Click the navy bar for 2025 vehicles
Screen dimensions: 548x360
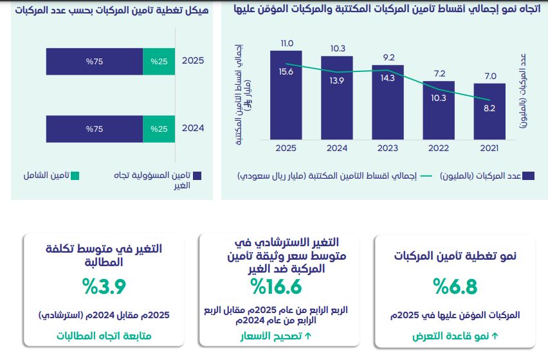[286, 95]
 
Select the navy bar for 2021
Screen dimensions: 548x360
[489, 111]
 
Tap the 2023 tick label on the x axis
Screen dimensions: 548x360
[388, 148]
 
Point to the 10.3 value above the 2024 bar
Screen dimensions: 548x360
[338, 48]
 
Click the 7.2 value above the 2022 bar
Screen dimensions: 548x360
[439, 74]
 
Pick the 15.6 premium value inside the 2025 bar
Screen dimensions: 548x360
[286, 71]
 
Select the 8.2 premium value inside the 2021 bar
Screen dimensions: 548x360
[489, 108]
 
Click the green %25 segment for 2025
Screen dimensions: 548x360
[159, 62]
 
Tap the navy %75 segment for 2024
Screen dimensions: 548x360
[95, 129]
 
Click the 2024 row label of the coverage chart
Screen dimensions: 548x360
[193, 128]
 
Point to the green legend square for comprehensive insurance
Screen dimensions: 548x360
[75, 176]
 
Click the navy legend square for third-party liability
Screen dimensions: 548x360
[197, 176]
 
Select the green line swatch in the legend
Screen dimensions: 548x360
[426, 176]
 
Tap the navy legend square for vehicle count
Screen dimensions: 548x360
[529, 176]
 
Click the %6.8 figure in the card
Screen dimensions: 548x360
[455, 287]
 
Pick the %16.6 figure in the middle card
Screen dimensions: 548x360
[276, 287]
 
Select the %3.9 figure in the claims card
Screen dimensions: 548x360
[104, 287]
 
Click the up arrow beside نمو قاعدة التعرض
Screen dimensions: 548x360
[495, 336]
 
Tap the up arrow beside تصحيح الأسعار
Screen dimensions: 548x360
[308, 336]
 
